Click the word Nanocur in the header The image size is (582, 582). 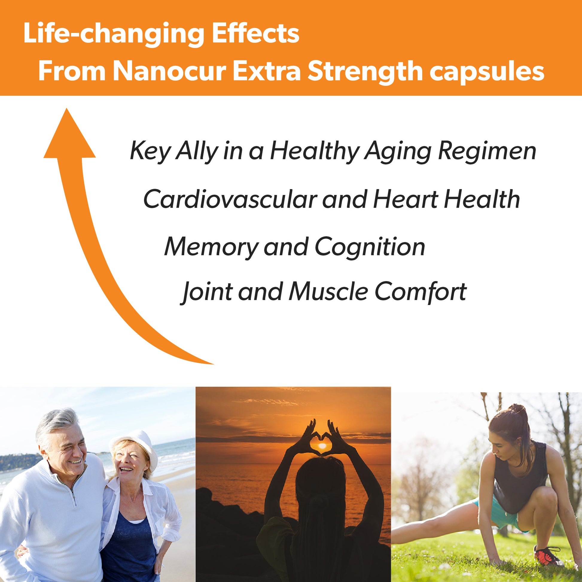(170, 72)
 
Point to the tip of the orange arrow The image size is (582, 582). (67, 108)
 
